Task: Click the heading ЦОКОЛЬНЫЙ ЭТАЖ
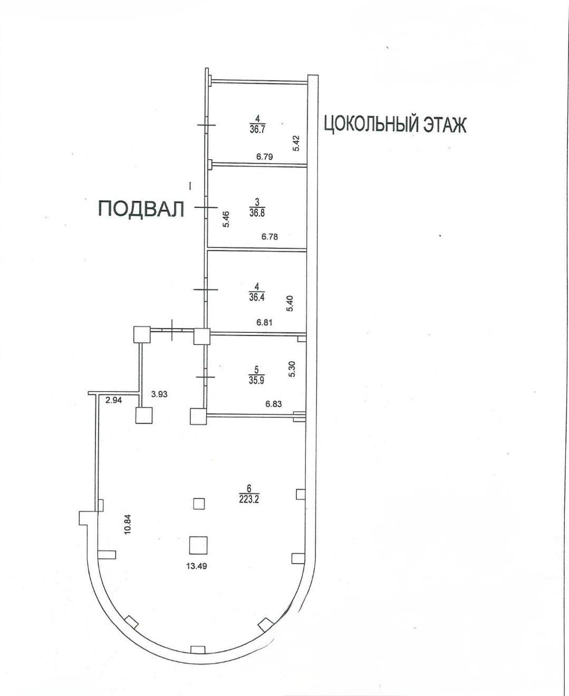pos(395,124)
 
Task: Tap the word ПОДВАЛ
pos(141,209)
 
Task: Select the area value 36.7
pos(257,129)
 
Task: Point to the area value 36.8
pos(257,212)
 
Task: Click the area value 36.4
pos(257,297)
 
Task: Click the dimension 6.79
pos(265,156)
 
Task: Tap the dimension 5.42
pos(296,143)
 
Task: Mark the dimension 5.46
pos(226,219)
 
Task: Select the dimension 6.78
pos(269,236)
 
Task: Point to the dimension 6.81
pos(264,322)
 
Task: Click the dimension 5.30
pos(292,369)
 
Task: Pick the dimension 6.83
pos(274,403)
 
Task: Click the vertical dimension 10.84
pos(128,534)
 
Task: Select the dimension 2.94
pos(113,400)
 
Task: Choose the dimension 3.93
pos(159,394)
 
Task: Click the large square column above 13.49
pos(198,545)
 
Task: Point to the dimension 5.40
pos(290,304)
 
